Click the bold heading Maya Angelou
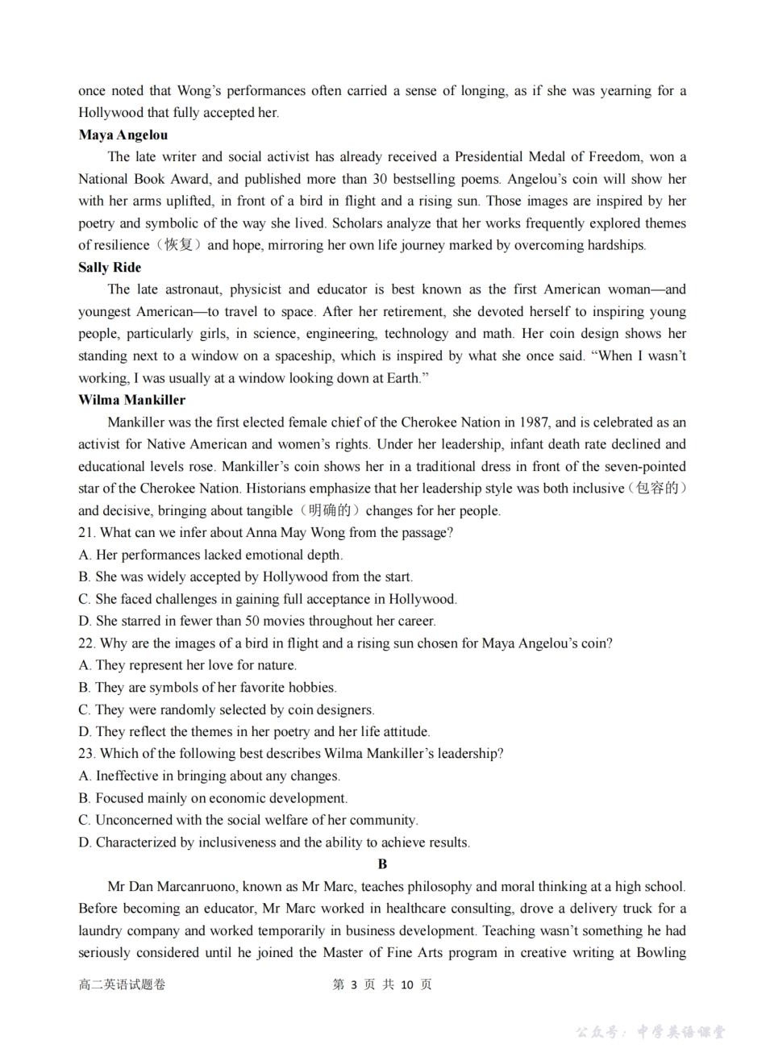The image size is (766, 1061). (x=123, y=135)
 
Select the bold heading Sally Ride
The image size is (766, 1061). (x=110, y=267)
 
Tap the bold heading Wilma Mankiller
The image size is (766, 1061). (x=131, y=400)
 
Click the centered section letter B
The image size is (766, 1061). (x=382, y=864)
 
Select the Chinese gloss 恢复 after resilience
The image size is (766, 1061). (x=179, y=245)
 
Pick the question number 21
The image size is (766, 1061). (x=86, y=532)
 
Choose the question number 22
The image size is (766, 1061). (x=86, y=643)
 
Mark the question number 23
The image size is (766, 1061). (x=86, y=754)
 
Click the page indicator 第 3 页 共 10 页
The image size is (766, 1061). (x=382, y=984)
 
